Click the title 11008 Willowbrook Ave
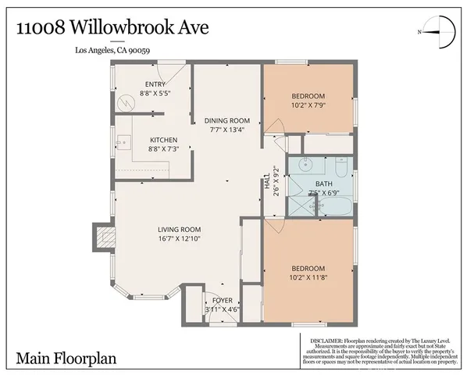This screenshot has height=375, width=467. pyautogui.click(x=102, y=30)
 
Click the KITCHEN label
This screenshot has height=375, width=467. pyautogui.click(x=164, y=140)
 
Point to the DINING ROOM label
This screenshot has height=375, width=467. pyautogui.click(x=227, y=120)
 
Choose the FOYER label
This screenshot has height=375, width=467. pyautogui.click(x=222, y=300)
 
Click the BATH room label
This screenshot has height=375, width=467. pyautogui.click(x=323, y=184)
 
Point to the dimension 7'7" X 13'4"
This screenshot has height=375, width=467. pyautogui.click(x=227, y=130)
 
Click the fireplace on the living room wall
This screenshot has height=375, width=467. pyautogui.click(x=102, y=236)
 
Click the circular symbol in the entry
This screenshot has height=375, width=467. pyautogui.click(x=123, y=101)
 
